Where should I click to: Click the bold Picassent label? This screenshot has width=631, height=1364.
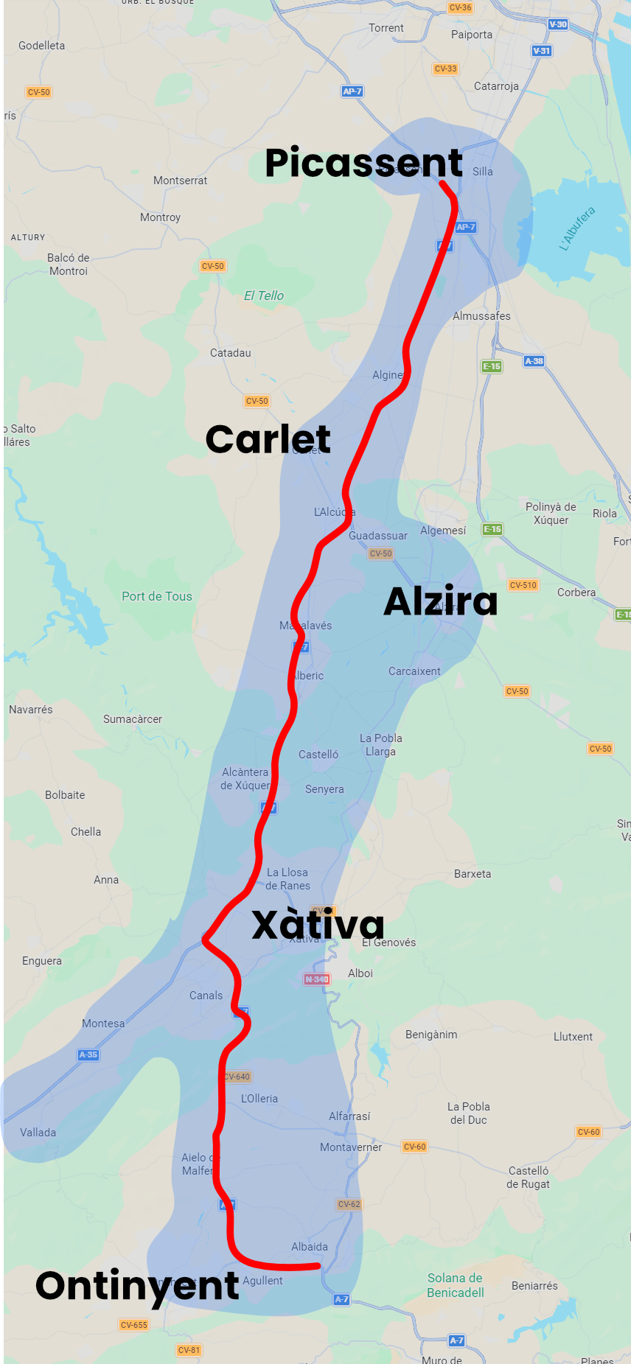pos(363,163)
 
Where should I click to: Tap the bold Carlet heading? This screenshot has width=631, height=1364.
pos(268,440)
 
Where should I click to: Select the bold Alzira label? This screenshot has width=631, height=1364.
pos(441,601)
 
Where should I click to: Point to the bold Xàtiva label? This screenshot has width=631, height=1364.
pos(318,925)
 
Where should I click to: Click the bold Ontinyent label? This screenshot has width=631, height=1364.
pos(137,1286)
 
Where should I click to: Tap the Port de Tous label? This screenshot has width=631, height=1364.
pos(156,597)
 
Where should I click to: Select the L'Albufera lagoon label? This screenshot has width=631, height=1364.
pos(577,228)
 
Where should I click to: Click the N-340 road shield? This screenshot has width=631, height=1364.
pos(317,979)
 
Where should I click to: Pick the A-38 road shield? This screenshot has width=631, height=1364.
pos(534,361)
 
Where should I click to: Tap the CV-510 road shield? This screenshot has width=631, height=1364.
pos(523,585)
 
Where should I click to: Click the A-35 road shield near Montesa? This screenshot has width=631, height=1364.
pos(88,1055)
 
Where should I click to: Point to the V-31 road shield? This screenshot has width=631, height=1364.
pos(542,51)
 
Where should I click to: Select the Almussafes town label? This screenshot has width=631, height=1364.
pos(481,316)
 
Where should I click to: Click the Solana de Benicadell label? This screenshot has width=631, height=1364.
pos(456,1285)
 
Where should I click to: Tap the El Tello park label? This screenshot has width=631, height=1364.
pos(264,295)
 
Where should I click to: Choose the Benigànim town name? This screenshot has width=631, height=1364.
pos(431,1035)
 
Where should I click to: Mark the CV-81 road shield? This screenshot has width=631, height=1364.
pos(189,1350)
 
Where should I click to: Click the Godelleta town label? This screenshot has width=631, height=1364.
pos(41,46)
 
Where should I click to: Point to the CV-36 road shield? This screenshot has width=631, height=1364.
pos(460,7)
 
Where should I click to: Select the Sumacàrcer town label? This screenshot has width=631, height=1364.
pos(133,719)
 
